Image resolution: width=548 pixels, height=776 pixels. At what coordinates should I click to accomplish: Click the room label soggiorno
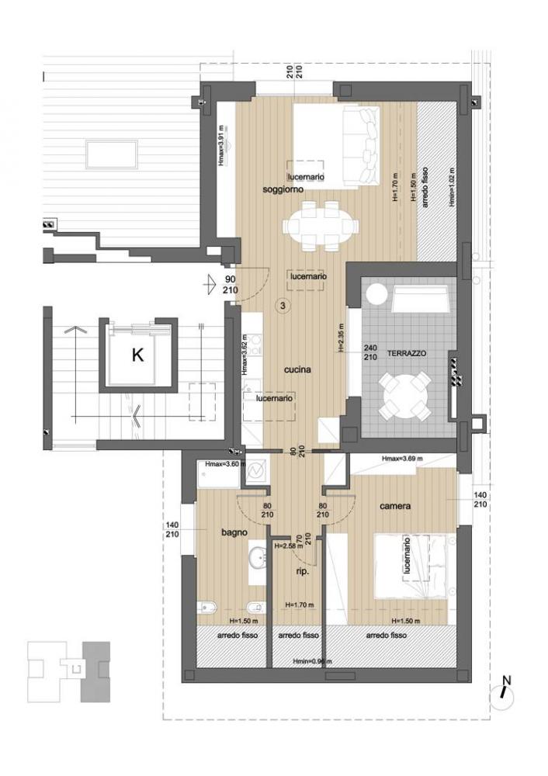282,189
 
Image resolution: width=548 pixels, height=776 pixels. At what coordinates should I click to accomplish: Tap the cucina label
297,370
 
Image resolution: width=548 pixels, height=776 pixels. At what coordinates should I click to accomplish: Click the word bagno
233,532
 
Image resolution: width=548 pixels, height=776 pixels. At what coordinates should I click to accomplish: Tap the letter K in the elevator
137,356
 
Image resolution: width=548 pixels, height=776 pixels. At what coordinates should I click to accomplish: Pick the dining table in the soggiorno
321,226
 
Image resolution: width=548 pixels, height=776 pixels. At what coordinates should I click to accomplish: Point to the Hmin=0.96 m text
310,661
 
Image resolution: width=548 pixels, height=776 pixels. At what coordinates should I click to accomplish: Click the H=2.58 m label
289,546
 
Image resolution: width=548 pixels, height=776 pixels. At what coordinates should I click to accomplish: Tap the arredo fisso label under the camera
387,635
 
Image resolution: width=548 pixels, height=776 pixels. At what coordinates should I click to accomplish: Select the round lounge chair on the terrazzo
376,295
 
